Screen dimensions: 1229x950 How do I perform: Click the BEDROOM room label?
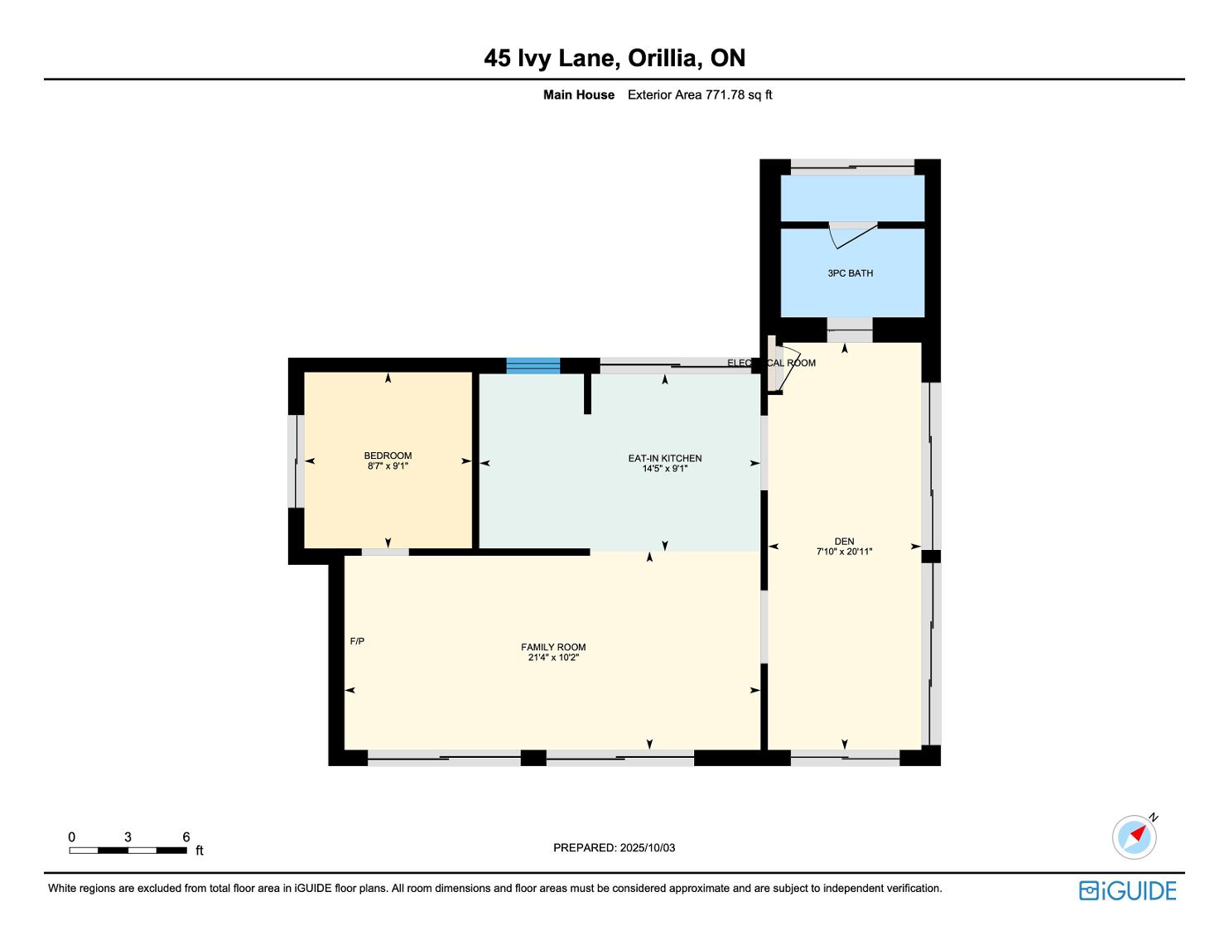(x=388, y=456)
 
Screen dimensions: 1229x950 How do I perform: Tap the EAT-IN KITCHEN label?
(x=664, y=458)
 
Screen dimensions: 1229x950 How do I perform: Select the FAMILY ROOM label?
(x=553, y=647)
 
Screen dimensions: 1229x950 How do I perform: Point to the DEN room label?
(x=844, y=541)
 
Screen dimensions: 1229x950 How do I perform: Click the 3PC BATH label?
(x=850, y=273)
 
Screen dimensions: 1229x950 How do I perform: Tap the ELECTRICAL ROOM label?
(x=771, y=363)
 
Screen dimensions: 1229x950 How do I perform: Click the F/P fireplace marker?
(x=357, y=641)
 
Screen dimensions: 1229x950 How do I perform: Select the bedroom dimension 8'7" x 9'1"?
(x=388, y=466)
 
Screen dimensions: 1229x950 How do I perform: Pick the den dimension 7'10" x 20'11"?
(x=844, y=552)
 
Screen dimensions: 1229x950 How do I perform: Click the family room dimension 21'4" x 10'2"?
(x=553, y=657)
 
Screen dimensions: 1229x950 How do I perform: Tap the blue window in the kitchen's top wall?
(x=533, y=366)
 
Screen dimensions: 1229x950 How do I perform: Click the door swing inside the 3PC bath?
(x=853, y=235)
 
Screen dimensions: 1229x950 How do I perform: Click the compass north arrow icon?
(x=1135, y=837)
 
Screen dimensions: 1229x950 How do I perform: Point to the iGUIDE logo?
(x=1127, y=890)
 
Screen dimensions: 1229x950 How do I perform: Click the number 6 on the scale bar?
(x=186, y=837)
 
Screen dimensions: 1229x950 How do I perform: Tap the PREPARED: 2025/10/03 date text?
(x=614, y=847)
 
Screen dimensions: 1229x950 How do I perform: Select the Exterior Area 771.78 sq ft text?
(x=700, y=95)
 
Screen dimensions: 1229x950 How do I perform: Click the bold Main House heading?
(x=579, y=95)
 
